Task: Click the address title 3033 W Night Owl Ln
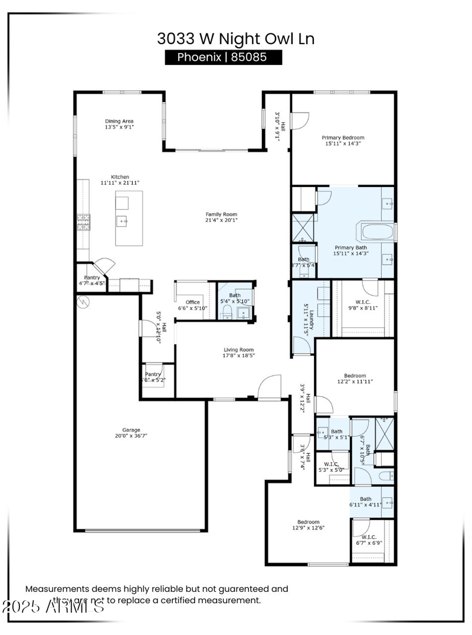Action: [x=235, y=39]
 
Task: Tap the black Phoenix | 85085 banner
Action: [x=223, y=57]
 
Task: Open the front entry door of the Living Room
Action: [x=268, y=386]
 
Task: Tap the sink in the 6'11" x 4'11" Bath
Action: [x=386, y=502]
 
